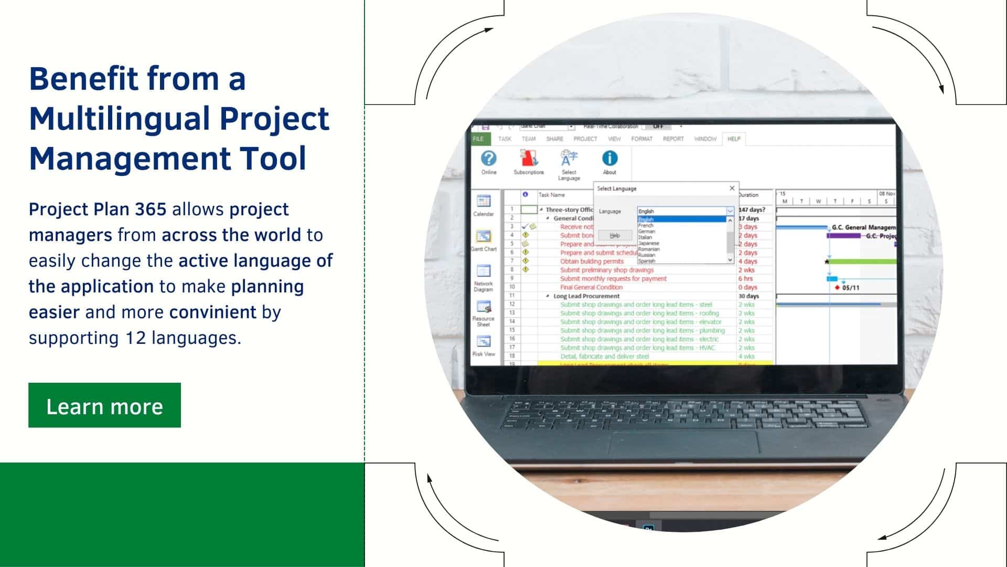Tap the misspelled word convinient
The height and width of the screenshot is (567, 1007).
click(x=213, y=312)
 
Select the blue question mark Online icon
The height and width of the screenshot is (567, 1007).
click(x=489, y=159)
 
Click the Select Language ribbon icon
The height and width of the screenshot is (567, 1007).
click(x=569, y=159)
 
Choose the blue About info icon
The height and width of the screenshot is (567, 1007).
click(x=609, y=159)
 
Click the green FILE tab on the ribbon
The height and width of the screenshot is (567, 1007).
click(x=478, y=139)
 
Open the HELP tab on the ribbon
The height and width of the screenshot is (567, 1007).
click(x=734, y=139)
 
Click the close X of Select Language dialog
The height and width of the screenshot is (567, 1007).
click(x=732, y=188)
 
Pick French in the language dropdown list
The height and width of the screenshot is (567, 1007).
click(x=646, y=226)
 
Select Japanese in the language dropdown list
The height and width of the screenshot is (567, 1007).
click(x=649, y=243)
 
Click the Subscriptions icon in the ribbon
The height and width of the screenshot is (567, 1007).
click(x=529, y=159)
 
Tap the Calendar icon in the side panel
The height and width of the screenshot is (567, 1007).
click(x=484, y=202)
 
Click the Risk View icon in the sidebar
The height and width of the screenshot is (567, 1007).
click(x=484, y=342)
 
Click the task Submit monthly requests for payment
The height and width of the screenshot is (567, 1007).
click(x=613, y=279)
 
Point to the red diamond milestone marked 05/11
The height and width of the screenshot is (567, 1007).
click(x=837, y=288)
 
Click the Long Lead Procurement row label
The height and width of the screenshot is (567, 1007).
click(x=586, y=296)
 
